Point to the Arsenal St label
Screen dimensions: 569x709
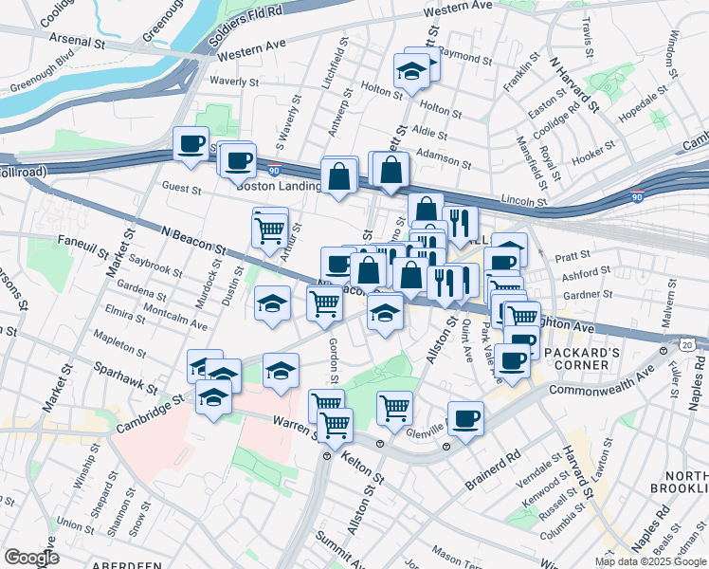(79, 42)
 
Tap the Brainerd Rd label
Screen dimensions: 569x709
(493, 469)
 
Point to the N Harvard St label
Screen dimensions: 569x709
(574, 84)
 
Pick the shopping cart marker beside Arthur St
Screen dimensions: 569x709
(270, 228)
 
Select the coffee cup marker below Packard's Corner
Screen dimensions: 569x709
(513, 361)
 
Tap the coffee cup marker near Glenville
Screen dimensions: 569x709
(465, 417)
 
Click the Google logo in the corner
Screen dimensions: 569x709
(32, 558)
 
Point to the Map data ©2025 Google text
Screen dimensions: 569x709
(649, 561)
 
